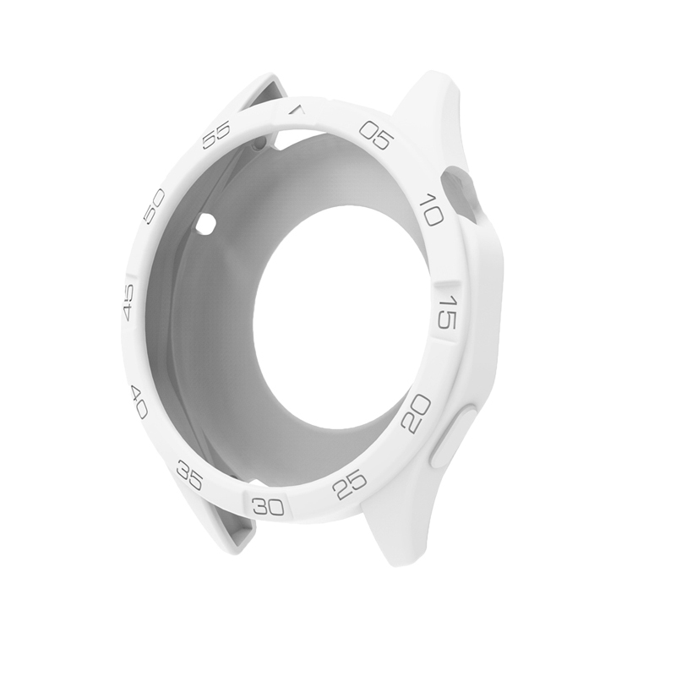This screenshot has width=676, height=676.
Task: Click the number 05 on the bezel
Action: click(377, 134)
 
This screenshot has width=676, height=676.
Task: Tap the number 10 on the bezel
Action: click(431, 209)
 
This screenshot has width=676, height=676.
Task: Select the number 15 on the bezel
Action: click(447, 312)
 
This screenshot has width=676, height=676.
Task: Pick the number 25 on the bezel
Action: click(349, 485)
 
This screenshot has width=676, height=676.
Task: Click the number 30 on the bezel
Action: click(269, 506)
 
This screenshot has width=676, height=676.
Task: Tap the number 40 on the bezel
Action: click(139, 403)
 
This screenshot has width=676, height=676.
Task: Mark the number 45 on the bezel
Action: click(128, 303)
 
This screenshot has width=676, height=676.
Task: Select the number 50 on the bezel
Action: click(154, 205)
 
